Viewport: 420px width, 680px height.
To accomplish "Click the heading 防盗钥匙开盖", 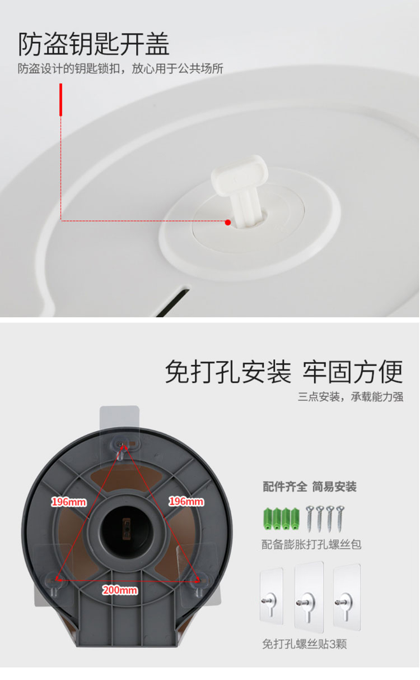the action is [94, 44].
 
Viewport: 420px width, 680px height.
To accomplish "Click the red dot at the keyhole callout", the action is [228, 223].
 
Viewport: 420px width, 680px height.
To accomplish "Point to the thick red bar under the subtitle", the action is [60, 100].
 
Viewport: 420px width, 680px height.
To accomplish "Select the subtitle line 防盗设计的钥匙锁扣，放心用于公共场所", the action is [120, 68].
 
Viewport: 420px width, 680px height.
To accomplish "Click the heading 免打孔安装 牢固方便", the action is [284, 372].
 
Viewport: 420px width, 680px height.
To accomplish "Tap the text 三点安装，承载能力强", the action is [350, 397].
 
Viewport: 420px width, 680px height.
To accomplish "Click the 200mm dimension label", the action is [120, 590].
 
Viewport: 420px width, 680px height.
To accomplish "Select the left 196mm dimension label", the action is [69, 502].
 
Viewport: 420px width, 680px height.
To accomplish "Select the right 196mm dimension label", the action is [186, 501].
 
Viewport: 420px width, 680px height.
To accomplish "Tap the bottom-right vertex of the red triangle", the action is [199, 581].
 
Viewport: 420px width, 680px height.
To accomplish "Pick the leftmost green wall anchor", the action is [268, 519].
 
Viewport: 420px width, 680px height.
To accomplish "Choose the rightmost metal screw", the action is [340, 519].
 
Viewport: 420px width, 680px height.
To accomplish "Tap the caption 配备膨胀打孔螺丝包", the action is [311, 544].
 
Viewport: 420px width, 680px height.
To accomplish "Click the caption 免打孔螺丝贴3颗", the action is [304, 644].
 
